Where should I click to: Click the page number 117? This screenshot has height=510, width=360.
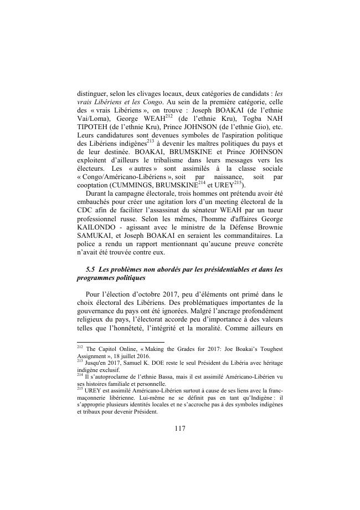(179, 429)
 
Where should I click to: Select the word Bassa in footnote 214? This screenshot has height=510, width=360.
(165, 376)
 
